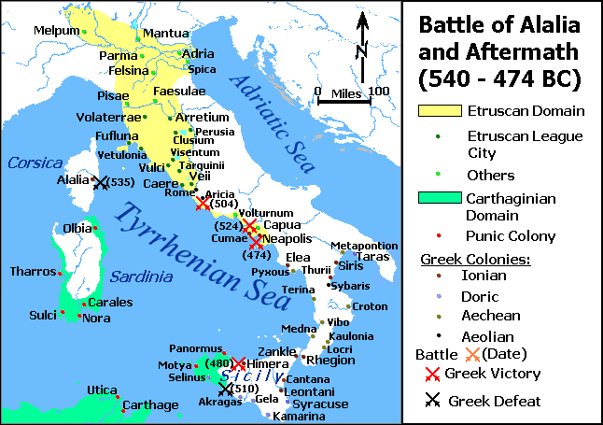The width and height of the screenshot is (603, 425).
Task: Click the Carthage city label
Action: tap(150, 405)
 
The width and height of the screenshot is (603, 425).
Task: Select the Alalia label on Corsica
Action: tap(72, 181)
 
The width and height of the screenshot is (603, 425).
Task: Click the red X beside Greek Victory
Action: tap(432, 374)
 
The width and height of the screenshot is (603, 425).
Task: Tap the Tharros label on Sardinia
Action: tap(31, 272)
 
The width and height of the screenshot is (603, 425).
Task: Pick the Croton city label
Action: tap(370, 306)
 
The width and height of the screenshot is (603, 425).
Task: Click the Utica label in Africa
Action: tap(101, 389)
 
